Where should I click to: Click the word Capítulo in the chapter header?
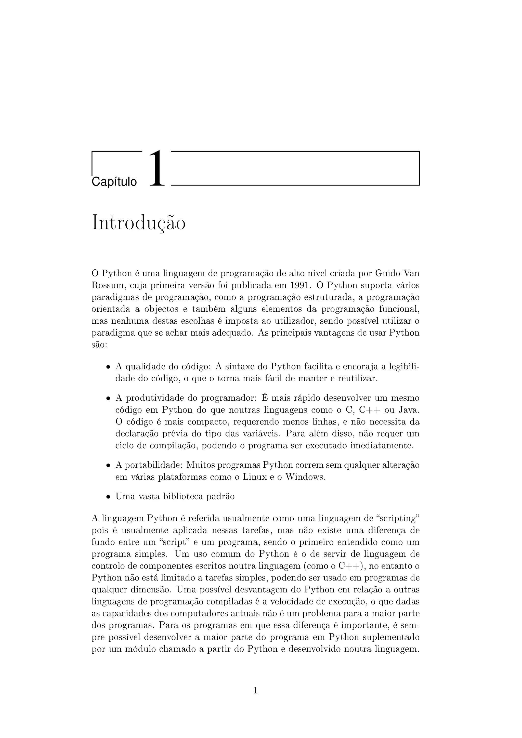tap(114, 182)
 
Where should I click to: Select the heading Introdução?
tap(139, 223)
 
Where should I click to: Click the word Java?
tap(409, 410)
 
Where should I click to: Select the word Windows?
tap(305, 477)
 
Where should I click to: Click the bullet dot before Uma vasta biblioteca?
tap(109, 497)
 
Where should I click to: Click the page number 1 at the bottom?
tap(256, 690)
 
